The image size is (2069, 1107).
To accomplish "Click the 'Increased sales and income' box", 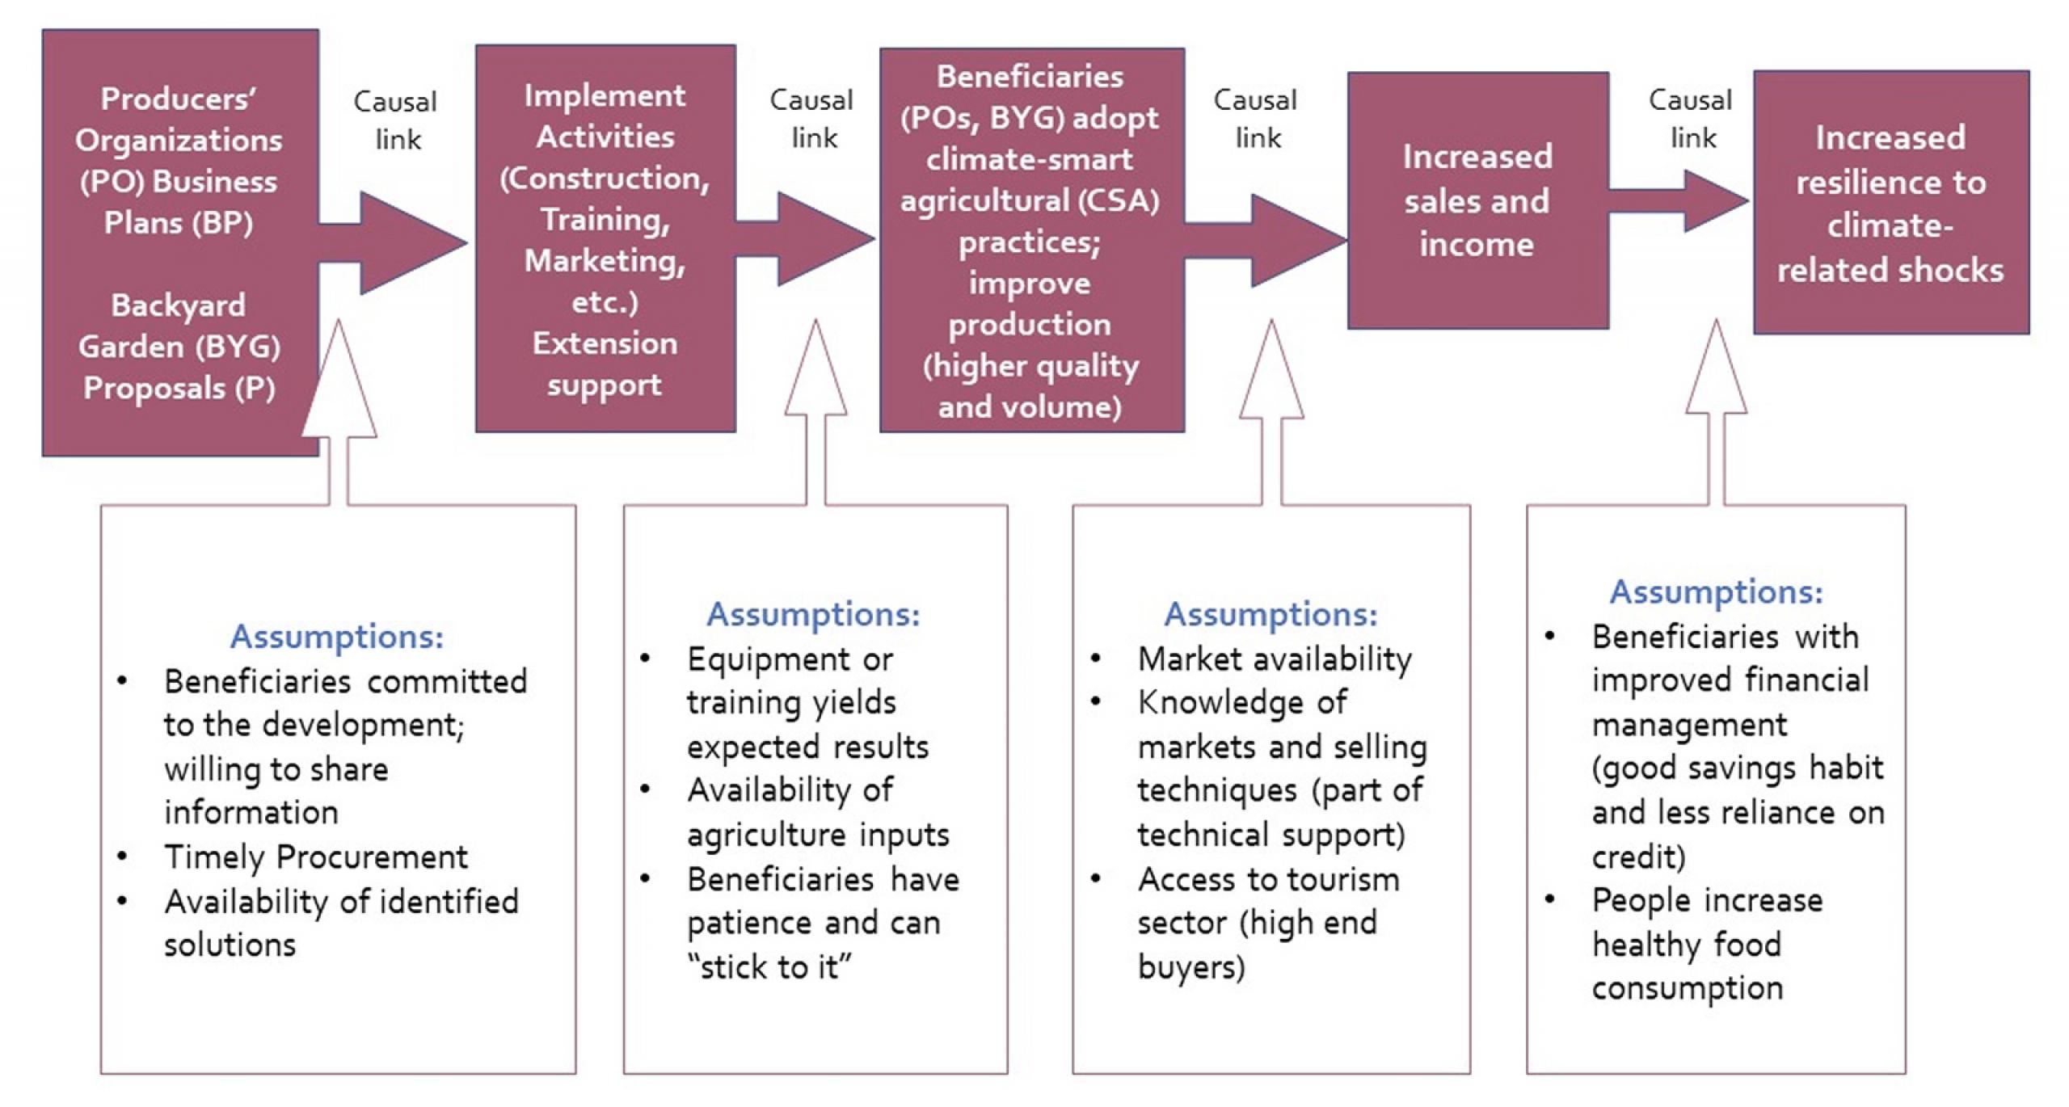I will coord(1477,200).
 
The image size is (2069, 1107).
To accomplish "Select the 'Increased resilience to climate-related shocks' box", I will coord(1890,203).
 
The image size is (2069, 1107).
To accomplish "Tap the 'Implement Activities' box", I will coord(605,238).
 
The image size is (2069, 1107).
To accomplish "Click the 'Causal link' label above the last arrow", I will coord(1691,119).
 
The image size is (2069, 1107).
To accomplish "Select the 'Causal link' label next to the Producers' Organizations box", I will coord(396,120).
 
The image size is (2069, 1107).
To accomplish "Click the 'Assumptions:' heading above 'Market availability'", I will coord(1270,614).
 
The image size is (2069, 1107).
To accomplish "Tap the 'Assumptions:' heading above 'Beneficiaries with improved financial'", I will coord(1716,591).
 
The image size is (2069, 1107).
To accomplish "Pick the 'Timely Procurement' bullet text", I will coord(316,857).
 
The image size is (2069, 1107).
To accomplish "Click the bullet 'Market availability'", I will coord(1275,659).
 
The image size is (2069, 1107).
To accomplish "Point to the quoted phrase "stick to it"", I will coord(769,966).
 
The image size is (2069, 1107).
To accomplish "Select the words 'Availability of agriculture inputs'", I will coord(816,812).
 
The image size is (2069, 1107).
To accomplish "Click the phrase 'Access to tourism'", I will coord(1268,879).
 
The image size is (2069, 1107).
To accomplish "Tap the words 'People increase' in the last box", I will coord(1707,900).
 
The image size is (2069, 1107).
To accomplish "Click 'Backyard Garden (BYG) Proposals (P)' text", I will coord(179,347).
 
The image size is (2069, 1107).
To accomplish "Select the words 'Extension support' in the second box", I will coord(605,364).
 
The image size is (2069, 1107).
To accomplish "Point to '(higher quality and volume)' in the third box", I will coord(1030,386).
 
